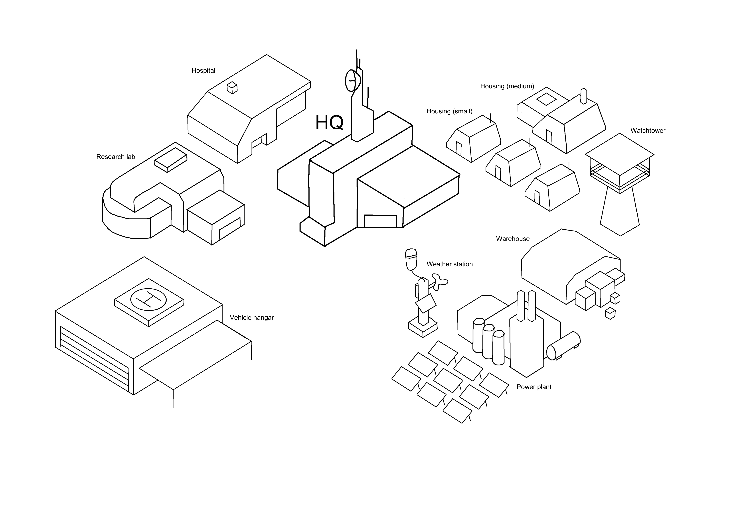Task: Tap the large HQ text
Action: point(329,123)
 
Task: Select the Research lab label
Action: point(116,157)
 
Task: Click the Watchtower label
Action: point(648,131)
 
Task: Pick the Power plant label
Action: point(534,387)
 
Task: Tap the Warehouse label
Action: point(512,239)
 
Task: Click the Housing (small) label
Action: point(449,111)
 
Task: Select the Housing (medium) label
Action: point(507,86)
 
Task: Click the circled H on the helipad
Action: point(148,299)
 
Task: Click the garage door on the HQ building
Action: point(380,221)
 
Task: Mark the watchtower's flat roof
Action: point(620,154)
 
